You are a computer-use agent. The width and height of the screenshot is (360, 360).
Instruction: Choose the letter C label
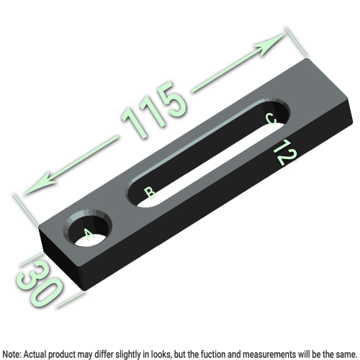coord(271,119)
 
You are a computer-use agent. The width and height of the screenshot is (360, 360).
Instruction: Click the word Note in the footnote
coord(12,354)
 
